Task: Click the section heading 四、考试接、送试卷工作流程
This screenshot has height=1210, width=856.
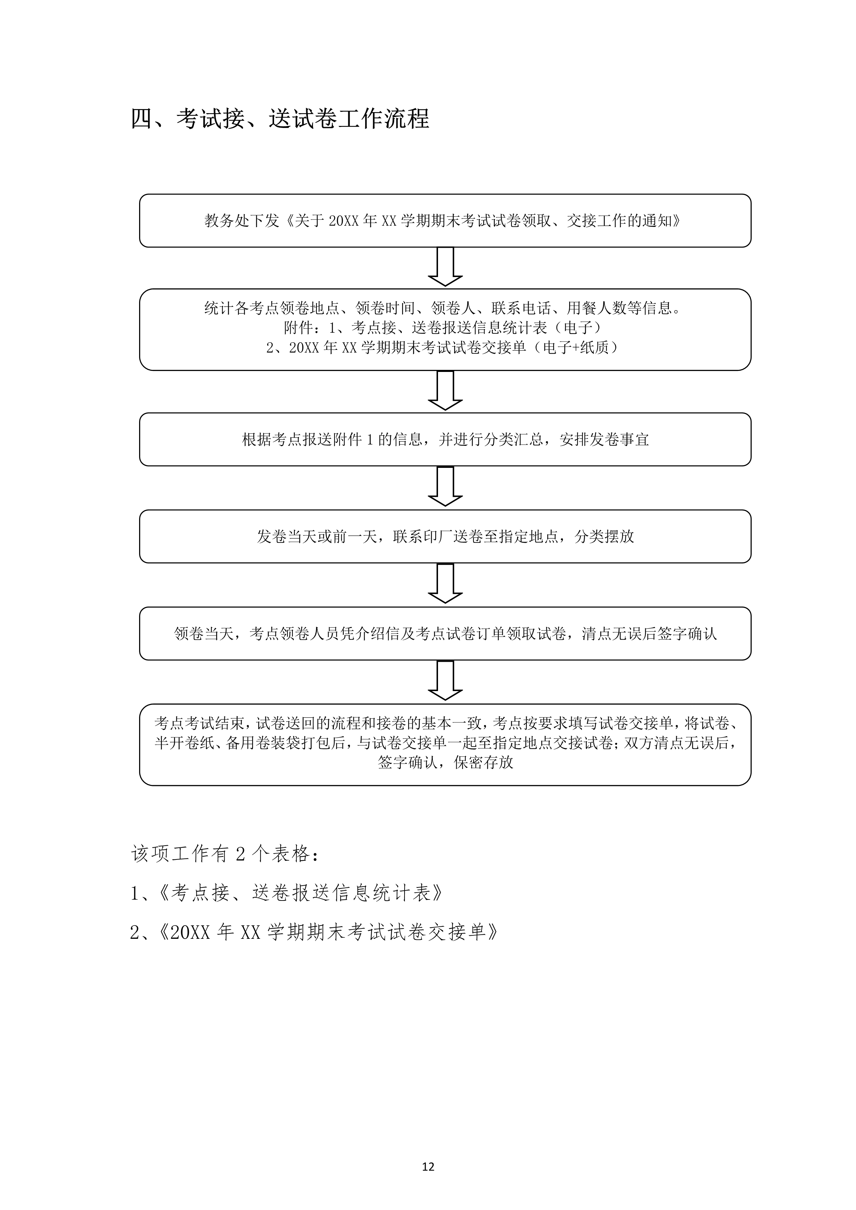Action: [280, 119]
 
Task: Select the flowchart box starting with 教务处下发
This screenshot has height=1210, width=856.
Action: [445, 220]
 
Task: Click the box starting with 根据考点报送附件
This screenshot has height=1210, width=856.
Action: [445, 440]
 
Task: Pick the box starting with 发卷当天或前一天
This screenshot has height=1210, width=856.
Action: [445, 537]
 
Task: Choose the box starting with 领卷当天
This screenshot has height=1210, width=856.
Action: [445, 633]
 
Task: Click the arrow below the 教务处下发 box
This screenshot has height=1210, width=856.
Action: [445, 267]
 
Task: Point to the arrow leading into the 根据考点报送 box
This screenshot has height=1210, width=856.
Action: [445, 391]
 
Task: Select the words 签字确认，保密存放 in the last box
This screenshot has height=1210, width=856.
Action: [445, 763]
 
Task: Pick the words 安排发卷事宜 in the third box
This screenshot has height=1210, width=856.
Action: [604, 440]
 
